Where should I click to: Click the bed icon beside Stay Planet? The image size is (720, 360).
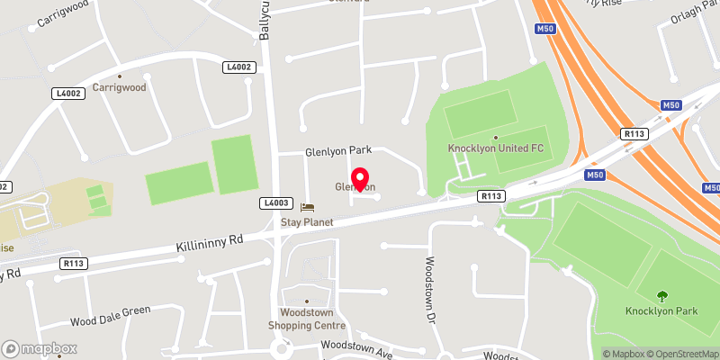tap(307, 207)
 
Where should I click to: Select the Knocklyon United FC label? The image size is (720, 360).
tap(495, 148)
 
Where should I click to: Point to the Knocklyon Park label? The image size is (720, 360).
tap(661, 311)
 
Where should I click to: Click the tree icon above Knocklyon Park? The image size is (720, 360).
tap(662, 295)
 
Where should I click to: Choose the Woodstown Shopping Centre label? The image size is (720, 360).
tap(307, 319)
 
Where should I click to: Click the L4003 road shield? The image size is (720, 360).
tap(274, 204)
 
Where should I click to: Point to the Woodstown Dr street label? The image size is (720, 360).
tap(429, 289)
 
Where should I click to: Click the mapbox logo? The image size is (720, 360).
tap(40, 348)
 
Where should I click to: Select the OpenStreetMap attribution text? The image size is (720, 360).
tap(682, 354)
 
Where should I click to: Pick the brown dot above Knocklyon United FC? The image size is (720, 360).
tap(495, 137)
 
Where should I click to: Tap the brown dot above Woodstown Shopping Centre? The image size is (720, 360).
tap(307, 301)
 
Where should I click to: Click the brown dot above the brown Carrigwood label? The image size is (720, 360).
tap(120, 77)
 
